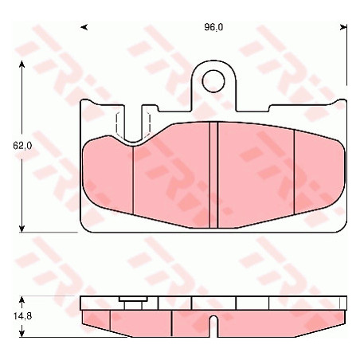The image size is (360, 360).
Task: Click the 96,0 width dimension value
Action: [213, 27]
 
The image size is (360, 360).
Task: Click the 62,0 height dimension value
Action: [22, 145]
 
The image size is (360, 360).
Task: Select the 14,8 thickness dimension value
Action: [22, 316]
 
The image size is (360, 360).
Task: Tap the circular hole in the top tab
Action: [213, 81]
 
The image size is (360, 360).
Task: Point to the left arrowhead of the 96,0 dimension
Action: [84, 27]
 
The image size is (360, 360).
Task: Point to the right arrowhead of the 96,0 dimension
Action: [343, 27]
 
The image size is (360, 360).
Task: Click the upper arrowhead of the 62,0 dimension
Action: [22, 65]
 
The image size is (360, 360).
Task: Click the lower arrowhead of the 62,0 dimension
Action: [22, 228]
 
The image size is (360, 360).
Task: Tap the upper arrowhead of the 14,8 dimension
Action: [22, 300]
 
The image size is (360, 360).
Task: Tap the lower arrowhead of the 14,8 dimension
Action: [22, 333]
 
